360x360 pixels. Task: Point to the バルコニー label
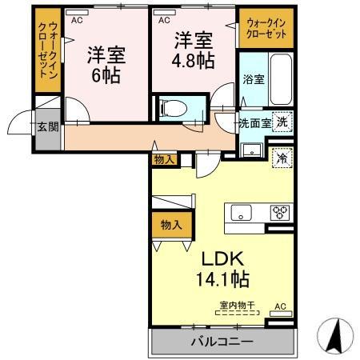point(222,341)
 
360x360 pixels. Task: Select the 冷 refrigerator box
point(281,158)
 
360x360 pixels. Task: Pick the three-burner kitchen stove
point(280,212)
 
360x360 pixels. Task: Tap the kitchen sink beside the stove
point(242,213)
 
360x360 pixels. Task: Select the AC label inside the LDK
point(280,306)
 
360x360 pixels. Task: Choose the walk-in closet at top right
point(266,29)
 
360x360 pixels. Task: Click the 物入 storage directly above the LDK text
point(168,225)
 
